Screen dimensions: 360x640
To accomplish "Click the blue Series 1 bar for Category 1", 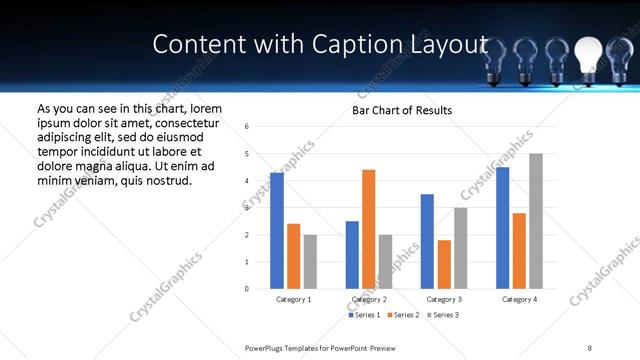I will [x=277, y=231].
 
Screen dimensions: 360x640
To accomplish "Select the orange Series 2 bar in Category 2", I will [x=369, y=229].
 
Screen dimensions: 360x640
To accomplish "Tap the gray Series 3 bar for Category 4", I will [x=536, y=221].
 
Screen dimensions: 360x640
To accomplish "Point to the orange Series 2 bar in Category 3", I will [x=444, y=264].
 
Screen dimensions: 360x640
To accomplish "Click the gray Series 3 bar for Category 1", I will [x=310, y=262].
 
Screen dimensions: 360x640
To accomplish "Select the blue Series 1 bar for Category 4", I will [x=502, y=228].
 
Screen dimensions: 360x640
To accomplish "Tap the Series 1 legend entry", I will [x=364, y=315].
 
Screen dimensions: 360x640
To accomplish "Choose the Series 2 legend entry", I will [x=403, y=315].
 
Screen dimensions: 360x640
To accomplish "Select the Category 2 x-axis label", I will [x=369, y=299].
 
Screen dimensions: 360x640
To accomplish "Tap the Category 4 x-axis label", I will [x=519, y=299].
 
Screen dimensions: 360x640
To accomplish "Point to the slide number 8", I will [x=590, y=347].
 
